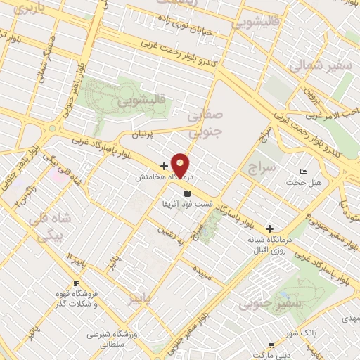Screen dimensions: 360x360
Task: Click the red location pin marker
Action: [x=180, y=165]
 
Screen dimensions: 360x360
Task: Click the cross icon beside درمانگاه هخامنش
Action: [x=165, y=167]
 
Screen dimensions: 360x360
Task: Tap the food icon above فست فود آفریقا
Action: [x=186, y=193]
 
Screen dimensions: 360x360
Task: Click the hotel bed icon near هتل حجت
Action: [x=303, y=172]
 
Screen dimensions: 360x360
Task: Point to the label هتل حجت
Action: [x=303, y=183]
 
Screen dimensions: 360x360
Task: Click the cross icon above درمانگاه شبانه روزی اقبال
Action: [x=270, y=229]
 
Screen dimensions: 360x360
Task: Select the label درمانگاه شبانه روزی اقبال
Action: [x=269, y=244]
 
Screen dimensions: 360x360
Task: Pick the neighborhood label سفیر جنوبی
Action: [x=261, y=304]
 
